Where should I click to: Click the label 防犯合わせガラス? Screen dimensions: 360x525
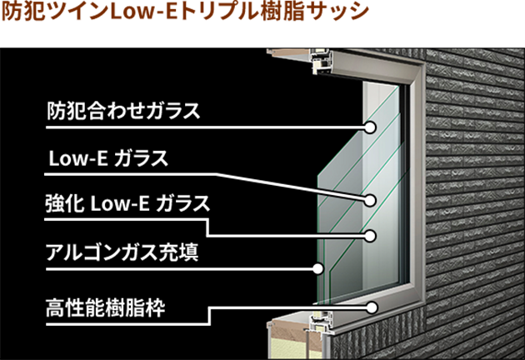tap(123, 111)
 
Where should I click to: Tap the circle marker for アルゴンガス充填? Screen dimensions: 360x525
tap(317, 267)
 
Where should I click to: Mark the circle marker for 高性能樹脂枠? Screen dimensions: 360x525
tap(372, 307)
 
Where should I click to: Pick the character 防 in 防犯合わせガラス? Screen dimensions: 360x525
tap(55, 111)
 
